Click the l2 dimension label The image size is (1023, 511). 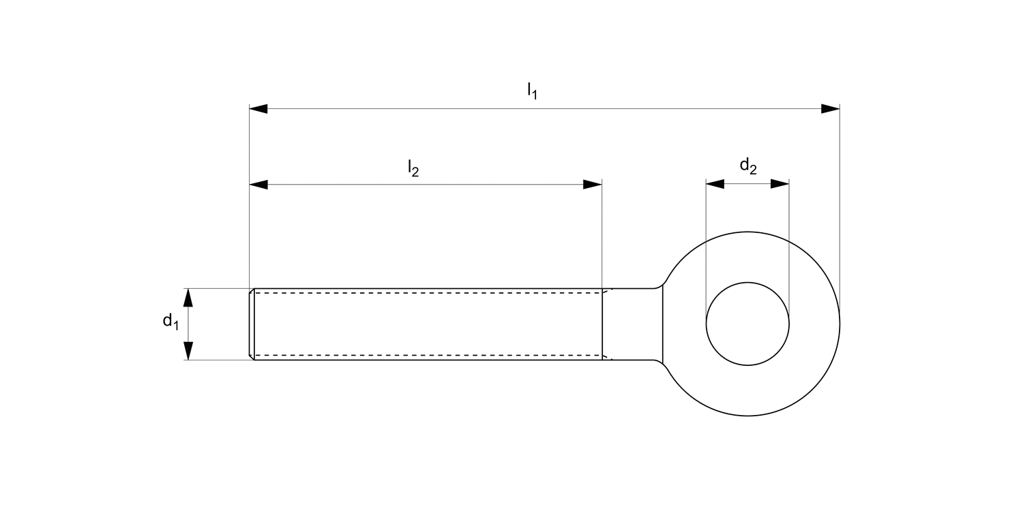click(413, 168)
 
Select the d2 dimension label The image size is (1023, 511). click(748, 166)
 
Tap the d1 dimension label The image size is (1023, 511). click(170, 322)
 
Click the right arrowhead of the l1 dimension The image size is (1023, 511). click(830, 109)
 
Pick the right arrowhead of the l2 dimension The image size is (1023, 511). click(593, 185)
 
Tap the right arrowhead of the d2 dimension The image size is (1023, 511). click(780, 184)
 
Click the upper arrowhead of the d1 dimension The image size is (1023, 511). click(189, 298)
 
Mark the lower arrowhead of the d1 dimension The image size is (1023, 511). click(189, 350)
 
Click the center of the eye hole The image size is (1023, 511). click(747, 324)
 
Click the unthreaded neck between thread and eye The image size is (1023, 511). click(632, 324)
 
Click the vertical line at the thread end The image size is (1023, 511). click(602, 324)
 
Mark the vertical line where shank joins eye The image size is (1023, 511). click(663, 324)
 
